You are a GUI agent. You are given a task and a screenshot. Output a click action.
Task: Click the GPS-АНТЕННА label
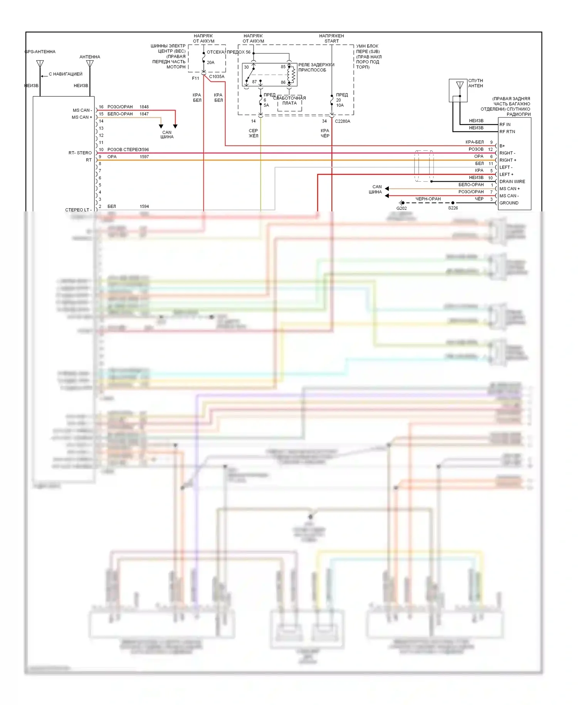coord(40,52)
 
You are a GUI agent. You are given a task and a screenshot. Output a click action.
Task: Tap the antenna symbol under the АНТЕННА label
coord(90,64)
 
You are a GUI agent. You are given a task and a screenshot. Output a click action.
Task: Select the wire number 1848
coord(144,107)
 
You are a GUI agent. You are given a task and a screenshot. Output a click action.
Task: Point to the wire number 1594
coord(144,206)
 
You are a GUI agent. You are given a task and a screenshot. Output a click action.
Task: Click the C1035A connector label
coord(217,77)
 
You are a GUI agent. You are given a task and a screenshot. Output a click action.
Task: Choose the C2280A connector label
coord(342,121)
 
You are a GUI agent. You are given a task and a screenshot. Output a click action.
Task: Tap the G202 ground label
coord(401,208)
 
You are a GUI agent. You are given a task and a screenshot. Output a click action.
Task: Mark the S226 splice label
coord(453,208)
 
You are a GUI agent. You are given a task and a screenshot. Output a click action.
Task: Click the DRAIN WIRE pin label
coord(512,182)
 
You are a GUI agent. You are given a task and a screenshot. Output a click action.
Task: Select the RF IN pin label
coord(505,125)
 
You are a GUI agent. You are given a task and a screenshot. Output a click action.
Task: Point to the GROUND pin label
coord(509,203)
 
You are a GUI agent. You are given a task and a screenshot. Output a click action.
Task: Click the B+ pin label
coord(502,146)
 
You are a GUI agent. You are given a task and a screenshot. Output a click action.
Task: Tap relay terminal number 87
coord(254,82)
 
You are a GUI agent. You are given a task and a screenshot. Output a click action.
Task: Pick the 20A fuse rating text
coord(210,62)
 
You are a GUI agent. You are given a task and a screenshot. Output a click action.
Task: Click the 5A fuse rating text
coord(266,105)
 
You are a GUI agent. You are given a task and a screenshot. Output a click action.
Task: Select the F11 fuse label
coord(195,78)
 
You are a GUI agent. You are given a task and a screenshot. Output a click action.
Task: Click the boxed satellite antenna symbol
coord(459,86)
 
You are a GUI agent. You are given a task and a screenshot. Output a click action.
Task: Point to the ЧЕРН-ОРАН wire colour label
coord(428,199)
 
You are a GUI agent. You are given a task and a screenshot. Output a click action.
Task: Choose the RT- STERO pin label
coord(80,153)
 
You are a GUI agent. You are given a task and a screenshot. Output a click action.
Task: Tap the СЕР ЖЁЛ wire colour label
coord(253,133)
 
